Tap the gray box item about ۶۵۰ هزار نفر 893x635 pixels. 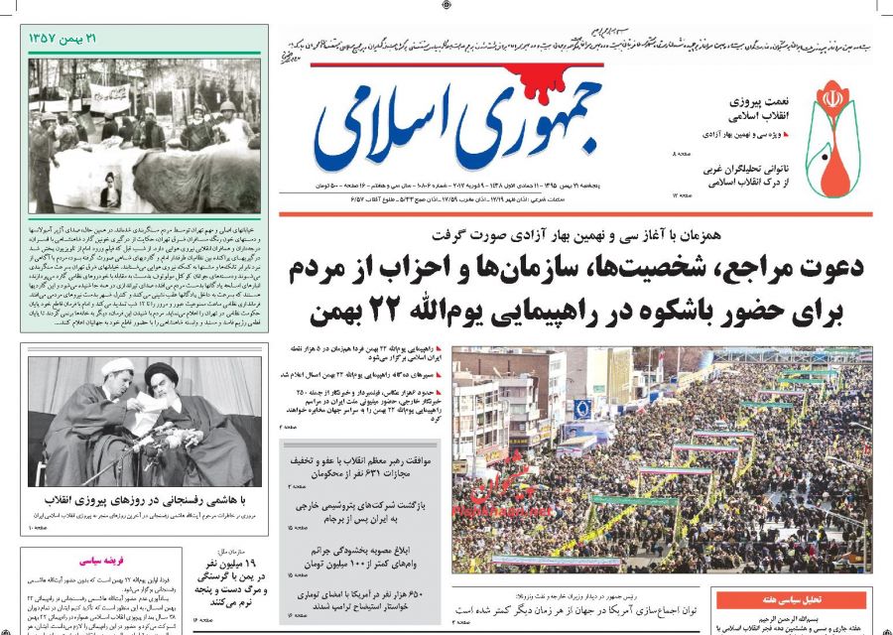360,598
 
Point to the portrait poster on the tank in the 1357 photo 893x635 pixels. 110,189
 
